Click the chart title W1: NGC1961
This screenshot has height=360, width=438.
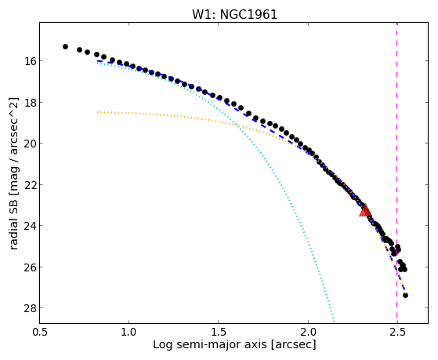click(234, 14)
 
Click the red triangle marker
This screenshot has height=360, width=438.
click(365, 210)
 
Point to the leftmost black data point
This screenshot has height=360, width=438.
click(65, 46)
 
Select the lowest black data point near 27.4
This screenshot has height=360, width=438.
click(405, 295)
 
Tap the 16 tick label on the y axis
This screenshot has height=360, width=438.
click(28, 61)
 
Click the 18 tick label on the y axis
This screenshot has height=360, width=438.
click(28, 103)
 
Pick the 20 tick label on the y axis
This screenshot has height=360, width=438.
click(28, 144)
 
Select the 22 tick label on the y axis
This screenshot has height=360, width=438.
click(28, 184)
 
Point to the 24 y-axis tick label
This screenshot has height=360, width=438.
click(28, 226)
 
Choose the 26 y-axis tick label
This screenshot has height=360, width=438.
click(28, 267)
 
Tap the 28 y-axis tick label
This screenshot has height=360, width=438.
click(28, 308)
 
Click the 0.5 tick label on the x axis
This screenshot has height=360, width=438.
click(39, 332)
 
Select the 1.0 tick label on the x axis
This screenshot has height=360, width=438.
click(129, 332)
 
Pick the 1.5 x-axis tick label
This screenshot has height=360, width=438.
click(218, 332)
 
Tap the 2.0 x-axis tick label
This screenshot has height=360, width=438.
click(308, 332)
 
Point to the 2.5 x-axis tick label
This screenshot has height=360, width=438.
click(397, 332)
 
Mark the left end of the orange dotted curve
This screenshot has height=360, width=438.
click(97, 112)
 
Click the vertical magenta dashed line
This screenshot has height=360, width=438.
click(397, 173)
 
